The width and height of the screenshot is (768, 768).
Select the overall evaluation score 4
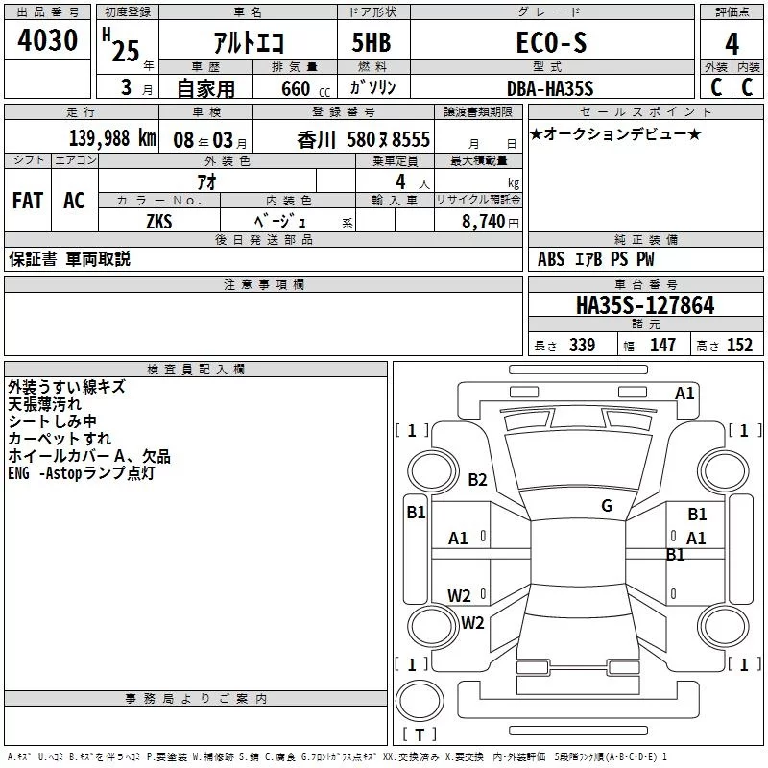click(x=732, y=43)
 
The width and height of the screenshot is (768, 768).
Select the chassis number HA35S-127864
click(x=645, y=305)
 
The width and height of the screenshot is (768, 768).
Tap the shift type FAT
click(x=27, y=200)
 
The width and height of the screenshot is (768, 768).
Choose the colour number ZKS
click(x=158, y=221)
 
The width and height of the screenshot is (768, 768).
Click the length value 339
click(x=582, y=346)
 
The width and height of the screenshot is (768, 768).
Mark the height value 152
click(x=739, y=346)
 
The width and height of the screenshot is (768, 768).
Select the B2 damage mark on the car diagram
click(x=478, y=480)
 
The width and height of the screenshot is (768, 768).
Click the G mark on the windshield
click(x=607, y=506)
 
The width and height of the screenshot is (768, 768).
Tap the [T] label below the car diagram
click(x=419, y=734)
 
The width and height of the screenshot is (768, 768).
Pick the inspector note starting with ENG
click(x=81, y=473)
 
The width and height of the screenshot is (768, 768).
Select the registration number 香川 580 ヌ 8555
click(x=364, y=138)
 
